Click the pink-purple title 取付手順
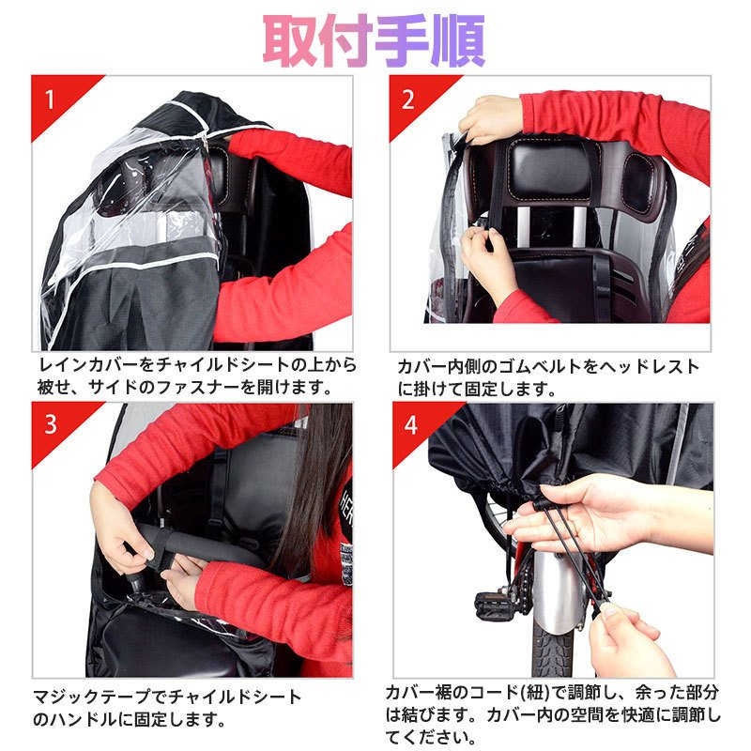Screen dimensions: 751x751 tap(374, 40)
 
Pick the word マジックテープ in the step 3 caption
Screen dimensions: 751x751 tap(91, 696)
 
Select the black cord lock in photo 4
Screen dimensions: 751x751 tap(542, 503)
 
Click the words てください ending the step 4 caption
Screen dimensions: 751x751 tap(431, 738)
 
